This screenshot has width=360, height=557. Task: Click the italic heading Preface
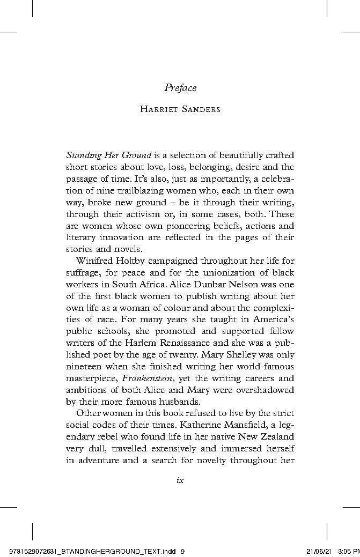coord(180,87)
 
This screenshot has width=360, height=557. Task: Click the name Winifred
coord(95,261)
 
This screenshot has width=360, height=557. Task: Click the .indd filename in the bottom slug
coord(94,551)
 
